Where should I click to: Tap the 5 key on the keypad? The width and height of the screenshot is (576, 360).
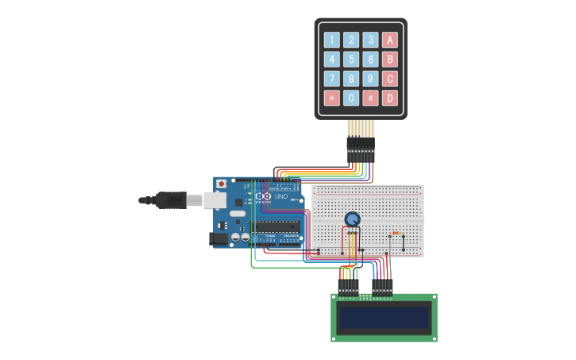351,59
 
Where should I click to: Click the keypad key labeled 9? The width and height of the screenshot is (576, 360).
370,79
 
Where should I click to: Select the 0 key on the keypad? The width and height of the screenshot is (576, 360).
351,98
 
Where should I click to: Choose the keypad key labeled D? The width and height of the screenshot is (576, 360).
389,98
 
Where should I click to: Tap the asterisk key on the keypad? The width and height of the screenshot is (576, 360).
331,98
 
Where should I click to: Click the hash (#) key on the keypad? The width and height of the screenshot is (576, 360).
370,98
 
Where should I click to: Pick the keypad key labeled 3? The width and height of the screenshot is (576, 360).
370,40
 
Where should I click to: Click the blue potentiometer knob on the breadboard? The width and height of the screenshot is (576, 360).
352,219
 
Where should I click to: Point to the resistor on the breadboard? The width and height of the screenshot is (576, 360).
396,234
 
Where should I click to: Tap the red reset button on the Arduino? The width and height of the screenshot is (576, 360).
221,184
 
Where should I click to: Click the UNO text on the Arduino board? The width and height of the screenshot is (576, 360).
281,196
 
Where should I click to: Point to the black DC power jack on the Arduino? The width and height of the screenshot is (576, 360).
217,238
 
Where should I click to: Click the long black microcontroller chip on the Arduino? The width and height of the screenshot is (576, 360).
276,227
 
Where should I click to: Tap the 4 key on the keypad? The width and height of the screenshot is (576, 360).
331,59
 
